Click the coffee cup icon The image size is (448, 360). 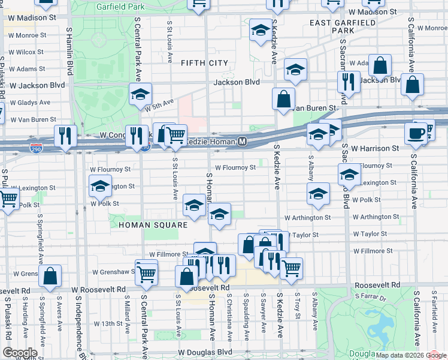tap(416, 133)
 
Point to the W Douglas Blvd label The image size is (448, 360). tap(205, 352)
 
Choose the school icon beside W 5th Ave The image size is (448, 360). tap(140, 95)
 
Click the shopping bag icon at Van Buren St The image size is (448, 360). tap(283, 98)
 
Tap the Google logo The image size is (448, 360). tap(20, 353)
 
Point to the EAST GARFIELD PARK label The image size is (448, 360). tap(343, 26)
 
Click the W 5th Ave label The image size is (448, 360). tap(159, 104)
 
